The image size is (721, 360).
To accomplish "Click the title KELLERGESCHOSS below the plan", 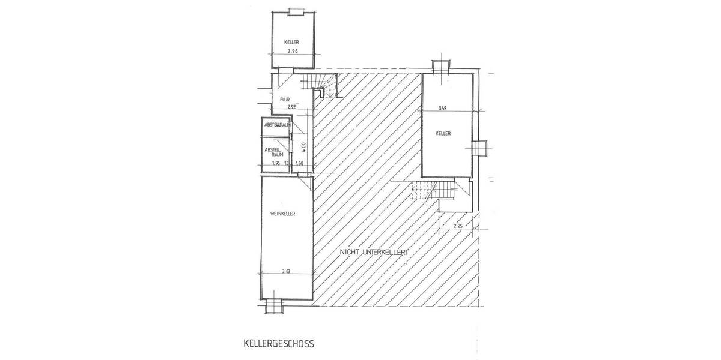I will [278, 344].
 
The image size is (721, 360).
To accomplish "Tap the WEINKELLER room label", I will [282, 214].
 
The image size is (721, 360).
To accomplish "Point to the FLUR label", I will [285, 100].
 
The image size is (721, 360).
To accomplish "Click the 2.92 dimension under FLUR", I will [293, 107].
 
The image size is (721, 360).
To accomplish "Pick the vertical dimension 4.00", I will [304, 145].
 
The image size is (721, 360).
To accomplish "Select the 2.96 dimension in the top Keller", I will [293, 52].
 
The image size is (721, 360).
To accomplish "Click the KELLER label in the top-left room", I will [291, 42].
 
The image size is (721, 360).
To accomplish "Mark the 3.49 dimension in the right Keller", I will [442, 108].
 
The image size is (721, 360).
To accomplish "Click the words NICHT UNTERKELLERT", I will [374, 253].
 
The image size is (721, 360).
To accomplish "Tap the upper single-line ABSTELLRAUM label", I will [278, 125].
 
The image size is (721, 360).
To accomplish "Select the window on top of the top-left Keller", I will [294, 11].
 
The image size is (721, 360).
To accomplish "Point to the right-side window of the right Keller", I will [481, 148].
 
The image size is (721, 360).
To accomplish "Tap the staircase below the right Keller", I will [428, 192].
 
